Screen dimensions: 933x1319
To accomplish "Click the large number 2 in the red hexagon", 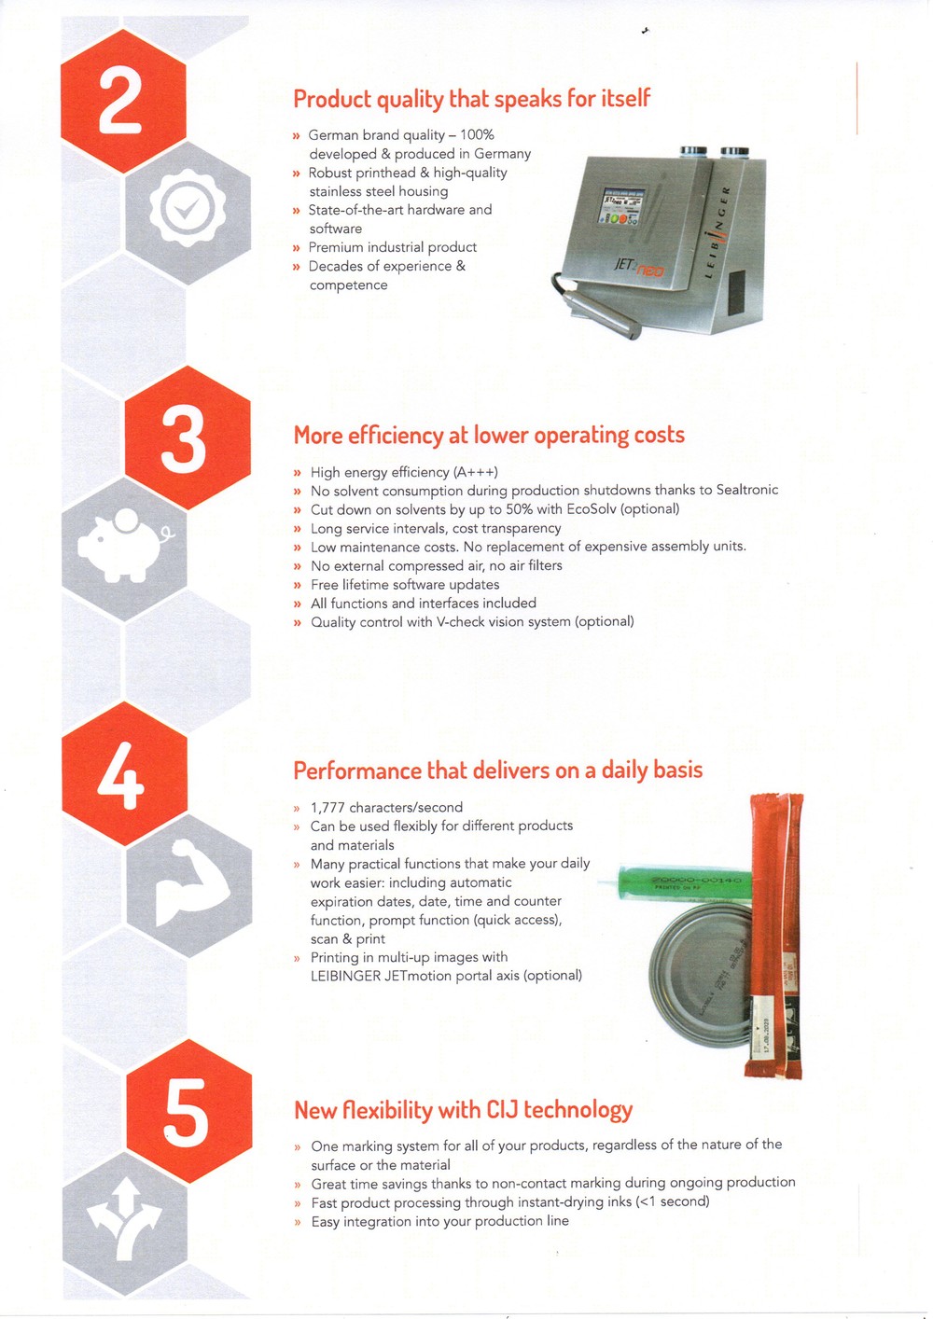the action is coord(120,100).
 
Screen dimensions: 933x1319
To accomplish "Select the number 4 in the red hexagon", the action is coord(120,775).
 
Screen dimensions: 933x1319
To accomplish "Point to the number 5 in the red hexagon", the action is coord(186,1112).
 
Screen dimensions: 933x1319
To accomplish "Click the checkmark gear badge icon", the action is coord(188,210).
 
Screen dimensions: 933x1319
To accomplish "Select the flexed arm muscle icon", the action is coord(189,882).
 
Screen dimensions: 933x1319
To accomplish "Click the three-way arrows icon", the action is coord(124,1222).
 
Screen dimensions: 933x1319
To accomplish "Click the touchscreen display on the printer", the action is coord(621,207).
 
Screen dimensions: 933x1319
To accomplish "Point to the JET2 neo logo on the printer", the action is coord(638,267).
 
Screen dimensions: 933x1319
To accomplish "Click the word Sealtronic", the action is coord(747,490).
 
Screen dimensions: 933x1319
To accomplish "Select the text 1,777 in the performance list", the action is coord(327,807).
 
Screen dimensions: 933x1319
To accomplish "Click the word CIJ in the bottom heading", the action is coord(503,1110).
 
